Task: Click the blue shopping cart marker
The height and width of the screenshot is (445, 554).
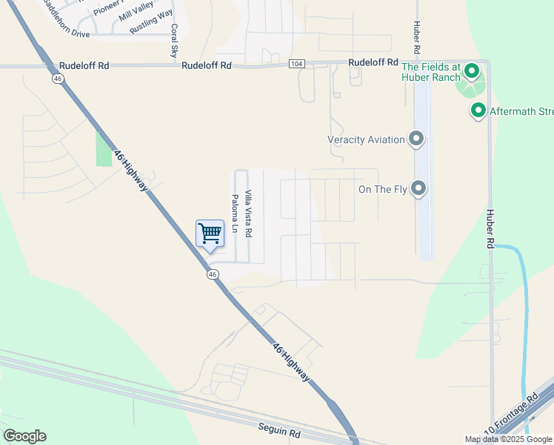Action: click(x=210, y=234)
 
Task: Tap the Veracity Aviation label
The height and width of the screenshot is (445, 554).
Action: click(x=366, y=139)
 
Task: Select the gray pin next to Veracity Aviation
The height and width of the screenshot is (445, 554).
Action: click(x=416, y=139)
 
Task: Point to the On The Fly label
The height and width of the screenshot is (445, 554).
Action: click(x=383, y=190)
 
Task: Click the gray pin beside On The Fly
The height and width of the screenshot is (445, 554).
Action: click(x=419, y=188)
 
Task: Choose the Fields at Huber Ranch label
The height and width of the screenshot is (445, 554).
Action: click(x=431, y=71)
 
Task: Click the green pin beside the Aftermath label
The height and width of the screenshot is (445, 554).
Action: click(x=478, y=111)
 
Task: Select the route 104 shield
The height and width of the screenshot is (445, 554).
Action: click(x=297, y=65)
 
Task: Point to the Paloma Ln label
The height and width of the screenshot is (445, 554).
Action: click(x=236, y=214)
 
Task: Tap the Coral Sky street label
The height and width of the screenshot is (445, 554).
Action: click(x=174, y=41)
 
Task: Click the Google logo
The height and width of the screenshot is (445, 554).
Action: click(x=24, y=436)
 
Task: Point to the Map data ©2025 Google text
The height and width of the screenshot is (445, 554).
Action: click(x=508, y=439)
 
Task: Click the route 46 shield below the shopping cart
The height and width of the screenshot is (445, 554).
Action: click(x=213, y=274)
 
